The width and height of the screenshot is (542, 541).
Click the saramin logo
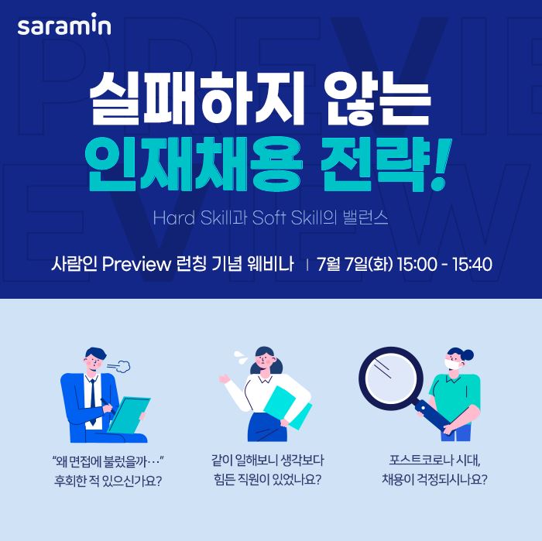click(64, 24)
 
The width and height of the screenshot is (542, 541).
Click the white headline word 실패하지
click(197, 98)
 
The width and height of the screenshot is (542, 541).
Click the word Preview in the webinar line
click(136, 264)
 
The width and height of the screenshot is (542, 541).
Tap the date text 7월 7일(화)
click(355, 264)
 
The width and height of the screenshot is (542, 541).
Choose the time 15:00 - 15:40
click(444, 265)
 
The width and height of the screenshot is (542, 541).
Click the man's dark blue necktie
click(93, 401)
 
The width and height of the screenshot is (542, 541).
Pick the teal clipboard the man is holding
click(129, 415)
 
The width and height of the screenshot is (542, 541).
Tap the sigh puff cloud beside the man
click(119, 366)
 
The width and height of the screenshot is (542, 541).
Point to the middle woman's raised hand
click(224, 379)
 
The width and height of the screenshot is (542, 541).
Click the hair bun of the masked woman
click(468, 354)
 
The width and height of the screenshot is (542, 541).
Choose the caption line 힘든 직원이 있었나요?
click(268, 480)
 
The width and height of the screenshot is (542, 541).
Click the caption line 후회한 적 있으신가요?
click(108, 481)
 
